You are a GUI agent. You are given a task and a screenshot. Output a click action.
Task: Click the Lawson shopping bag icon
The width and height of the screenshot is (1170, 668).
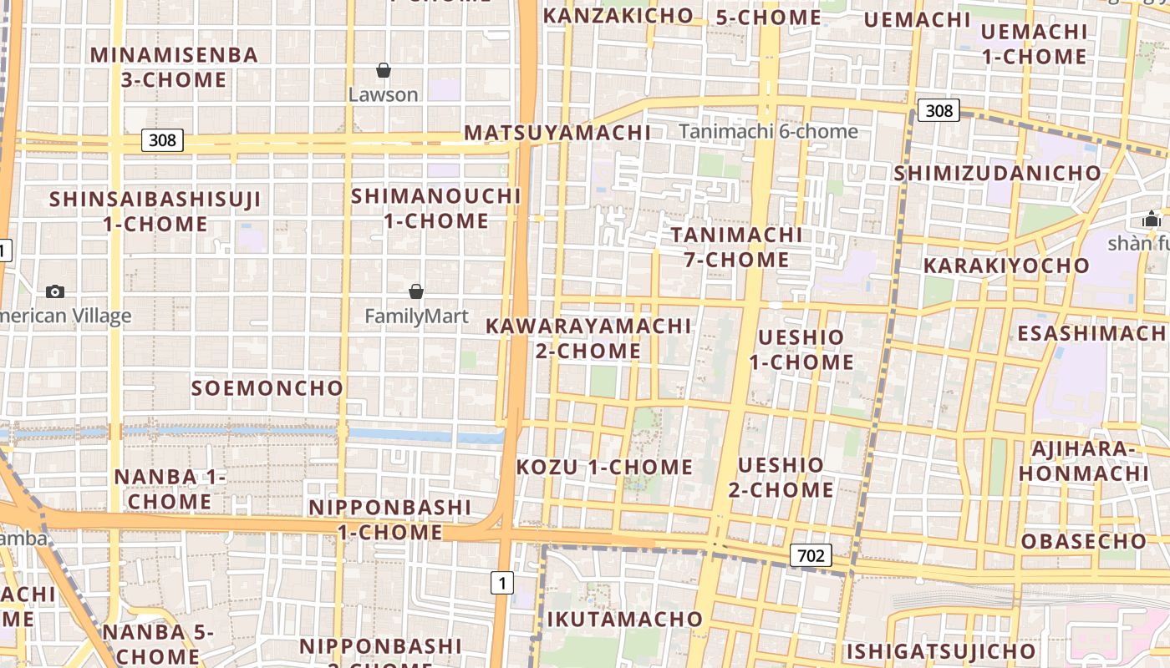pyautogui.click(x=384, y=70)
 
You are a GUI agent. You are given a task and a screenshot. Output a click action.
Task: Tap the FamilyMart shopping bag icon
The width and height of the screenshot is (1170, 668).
pyautogui.click(x=416, y=291)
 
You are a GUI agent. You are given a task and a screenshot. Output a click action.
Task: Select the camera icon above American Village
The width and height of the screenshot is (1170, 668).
pyautogui.click(x=55, y=291)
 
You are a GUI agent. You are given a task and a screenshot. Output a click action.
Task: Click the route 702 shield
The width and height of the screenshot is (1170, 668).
pyautogui.click(x=811, y=555)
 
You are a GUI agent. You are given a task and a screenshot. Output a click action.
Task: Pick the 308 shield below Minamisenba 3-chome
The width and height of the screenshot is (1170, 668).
pyautogui.click(x=162, y=139)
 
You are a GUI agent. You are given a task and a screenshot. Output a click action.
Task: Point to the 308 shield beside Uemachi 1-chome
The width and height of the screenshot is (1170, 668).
pyautogui.click(x=939, y=110)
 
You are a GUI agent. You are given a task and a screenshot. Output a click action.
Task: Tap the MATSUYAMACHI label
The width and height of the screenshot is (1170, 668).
pyautogui.click(x=557, y=133)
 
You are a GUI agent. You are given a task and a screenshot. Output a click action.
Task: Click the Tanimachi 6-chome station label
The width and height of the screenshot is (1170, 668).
pyautogui.click(x=768, y=131)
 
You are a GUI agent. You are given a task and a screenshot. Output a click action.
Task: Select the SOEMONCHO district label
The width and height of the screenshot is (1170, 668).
pyautogui.click(x=267, y=388)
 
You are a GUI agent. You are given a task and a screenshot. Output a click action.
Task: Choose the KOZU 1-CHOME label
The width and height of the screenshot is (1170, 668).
pyautogui.click(x=604, y=467)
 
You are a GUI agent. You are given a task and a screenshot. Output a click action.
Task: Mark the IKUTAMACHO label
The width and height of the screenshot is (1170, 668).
pyautogui.click(x=625, y=619)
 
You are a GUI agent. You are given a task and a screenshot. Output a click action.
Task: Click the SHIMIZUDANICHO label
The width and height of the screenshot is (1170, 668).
pyautogui.click(x=998, y=174)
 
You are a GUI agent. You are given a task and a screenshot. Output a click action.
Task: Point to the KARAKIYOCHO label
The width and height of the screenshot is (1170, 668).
pyautogui.click(x=1006, y=266)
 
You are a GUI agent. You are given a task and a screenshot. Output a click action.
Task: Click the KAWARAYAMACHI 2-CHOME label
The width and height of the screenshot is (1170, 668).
pyautogui.click(x=588, y=338)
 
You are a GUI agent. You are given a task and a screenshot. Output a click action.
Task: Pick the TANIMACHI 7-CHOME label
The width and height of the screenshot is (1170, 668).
pyautogui.click(x=736, y=247)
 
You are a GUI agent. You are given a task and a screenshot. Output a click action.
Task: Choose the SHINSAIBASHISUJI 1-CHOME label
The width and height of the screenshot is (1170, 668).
pyautogui.click(x=155, y=211)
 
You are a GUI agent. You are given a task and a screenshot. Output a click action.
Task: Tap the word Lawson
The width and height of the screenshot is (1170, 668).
pyautogui.click(x=384, y=94)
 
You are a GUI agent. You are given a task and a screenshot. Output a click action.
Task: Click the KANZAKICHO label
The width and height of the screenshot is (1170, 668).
pyautogui.click(x=618, y=15)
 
